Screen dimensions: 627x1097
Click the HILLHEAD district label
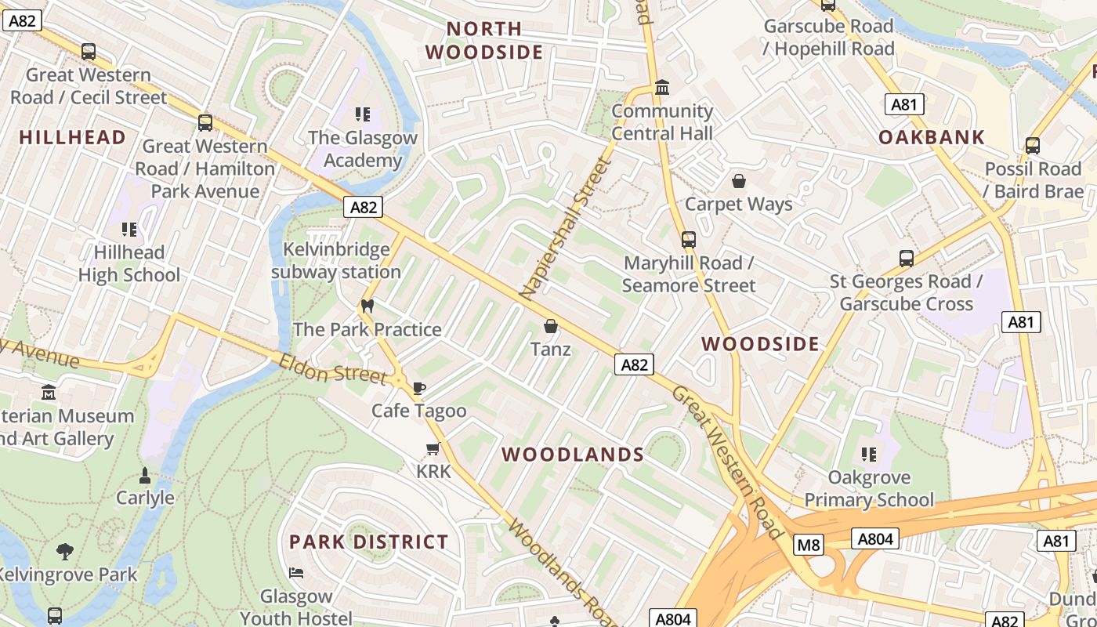point(73,137)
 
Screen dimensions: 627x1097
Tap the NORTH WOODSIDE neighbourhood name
point(483,41)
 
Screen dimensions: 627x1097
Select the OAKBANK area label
point(931,137)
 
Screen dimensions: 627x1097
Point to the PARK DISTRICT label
point(369,542)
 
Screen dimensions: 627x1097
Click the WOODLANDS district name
point(573,455)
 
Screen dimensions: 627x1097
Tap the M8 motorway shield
point(808,545)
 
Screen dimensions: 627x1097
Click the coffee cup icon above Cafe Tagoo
point(419,388)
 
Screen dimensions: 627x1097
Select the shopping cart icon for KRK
point(433,449)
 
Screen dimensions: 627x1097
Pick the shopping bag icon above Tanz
point(551,326)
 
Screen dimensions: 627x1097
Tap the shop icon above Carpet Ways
point(738,181)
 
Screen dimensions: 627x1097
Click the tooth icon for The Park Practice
point(367,306)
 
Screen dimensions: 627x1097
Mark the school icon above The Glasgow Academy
point(362,115)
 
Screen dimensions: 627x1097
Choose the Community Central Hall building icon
point(662,88)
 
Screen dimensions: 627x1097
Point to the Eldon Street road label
point(333,369)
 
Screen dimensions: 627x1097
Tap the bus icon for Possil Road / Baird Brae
point(1033,146)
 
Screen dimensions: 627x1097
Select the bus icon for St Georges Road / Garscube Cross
point(906,258)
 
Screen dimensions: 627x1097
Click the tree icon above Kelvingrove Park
point(65,551)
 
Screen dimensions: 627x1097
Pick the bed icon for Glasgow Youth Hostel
point(296,573)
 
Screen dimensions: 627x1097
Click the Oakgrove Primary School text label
point(869,488)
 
